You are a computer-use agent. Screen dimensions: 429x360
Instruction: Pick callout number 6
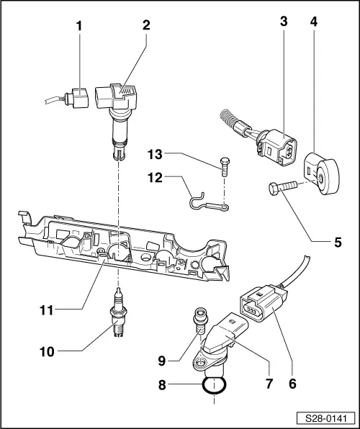292,384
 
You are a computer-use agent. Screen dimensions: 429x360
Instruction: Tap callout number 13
155,154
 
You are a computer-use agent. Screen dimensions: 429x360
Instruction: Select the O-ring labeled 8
213,385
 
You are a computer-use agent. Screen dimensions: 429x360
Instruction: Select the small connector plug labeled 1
78,96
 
